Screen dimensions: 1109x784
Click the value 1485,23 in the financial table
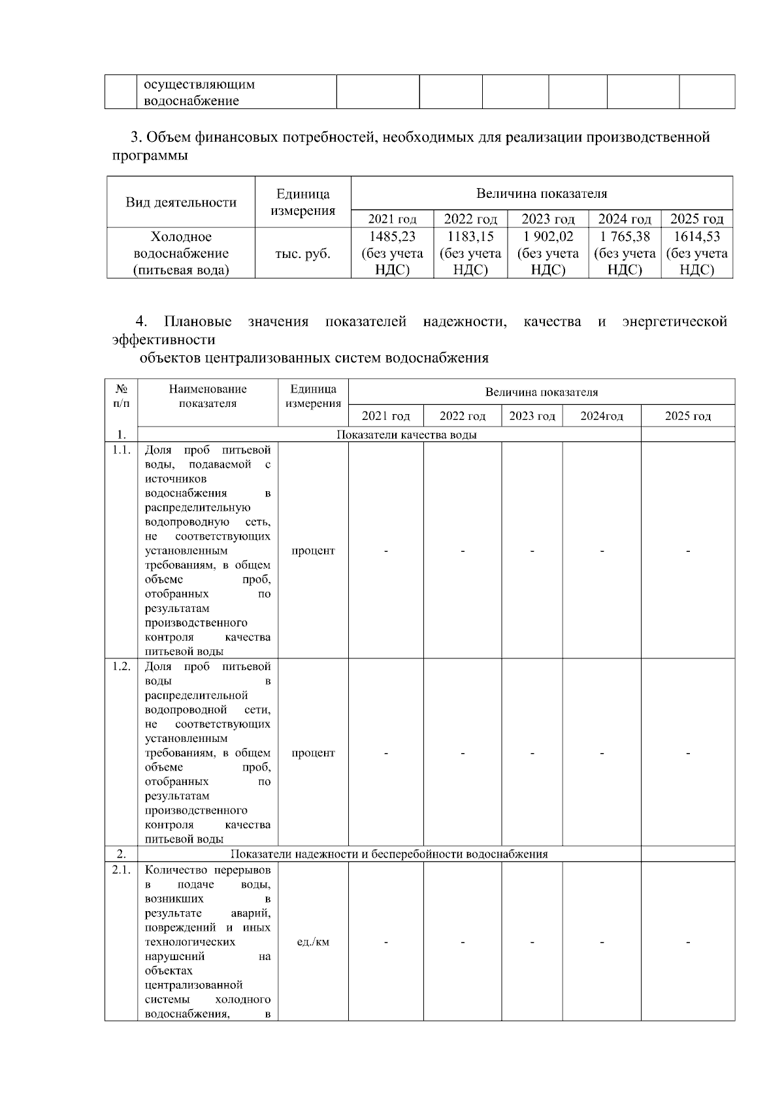coord(392,236)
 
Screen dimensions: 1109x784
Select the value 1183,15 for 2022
coord(470,236)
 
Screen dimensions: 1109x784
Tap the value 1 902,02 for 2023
coord(547,236)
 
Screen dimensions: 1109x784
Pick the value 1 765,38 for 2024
coord(625,236)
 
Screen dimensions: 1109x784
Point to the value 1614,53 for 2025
coord(696,236)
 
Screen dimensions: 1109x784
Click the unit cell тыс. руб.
coord(302,254)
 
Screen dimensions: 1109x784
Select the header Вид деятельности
coord(181,202)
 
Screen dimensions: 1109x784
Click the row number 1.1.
coord(122,450)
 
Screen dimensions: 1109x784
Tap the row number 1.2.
coord(122,666)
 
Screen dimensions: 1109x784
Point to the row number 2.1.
coord(122,870)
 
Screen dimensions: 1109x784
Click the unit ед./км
coord(313,942)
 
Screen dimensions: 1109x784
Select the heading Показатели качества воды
coord(406,435)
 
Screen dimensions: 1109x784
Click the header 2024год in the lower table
coord(601,417)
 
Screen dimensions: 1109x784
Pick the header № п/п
coord(122,396)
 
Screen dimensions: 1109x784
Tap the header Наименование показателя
coord(208,396)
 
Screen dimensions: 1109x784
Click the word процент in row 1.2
coord(313,753)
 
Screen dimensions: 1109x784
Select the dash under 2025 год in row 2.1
coord(688,942)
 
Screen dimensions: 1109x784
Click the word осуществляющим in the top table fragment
coord(199,85)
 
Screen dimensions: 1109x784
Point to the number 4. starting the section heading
coord(141,322)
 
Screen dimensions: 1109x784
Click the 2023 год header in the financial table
coord(547,219)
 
